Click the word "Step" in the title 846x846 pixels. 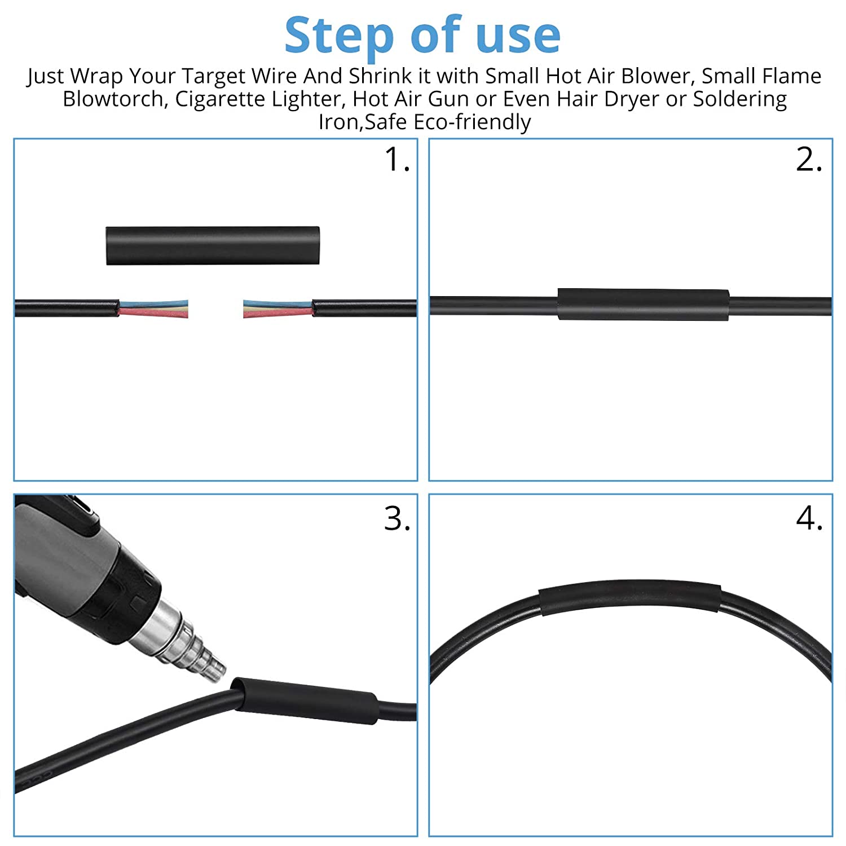339,36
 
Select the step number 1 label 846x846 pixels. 397,160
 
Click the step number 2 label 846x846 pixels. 809,160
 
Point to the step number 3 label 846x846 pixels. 397,518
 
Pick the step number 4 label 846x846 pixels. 809,518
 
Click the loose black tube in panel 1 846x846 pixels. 213,245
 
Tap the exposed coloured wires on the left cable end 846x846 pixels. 153,309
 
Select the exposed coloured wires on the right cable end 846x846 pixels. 277,309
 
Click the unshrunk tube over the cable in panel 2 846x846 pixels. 644,305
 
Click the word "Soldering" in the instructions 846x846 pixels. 740,99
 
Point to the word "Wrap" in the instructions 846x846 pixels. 96,76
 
